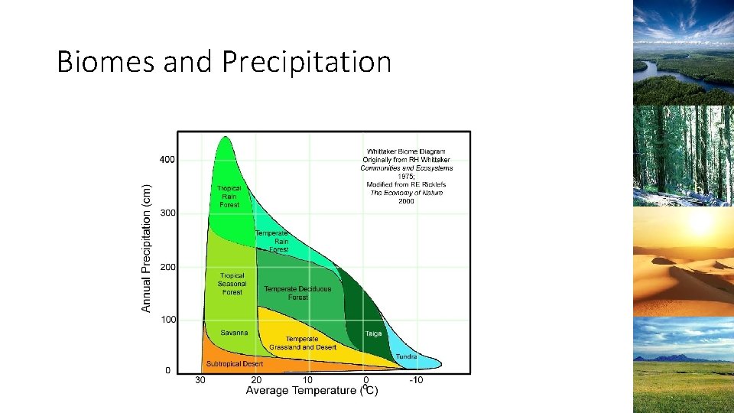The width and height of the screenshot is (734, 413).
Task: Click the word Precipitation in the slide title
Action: [x=307, y=62]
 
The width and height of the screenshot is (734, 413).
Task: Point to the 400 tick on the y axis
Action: [x=167, y=160]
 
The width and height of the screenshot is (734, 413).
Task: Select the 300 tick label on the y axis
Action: [x=167, y=213]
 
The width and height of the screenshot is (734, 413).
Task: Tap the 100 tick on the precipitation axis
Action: [x=167, y=319]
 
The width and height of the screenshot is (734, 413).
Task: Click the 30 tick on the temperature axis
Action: [x=200, y=380]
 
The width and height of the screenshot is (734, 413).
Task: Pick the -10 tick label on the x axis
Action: [x=417, y=380]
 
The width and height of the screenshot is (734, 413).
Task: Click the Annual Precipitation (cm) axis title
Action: [x=146, y=246]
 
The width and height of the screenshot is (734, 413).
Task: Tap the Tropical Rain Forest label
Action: [x=229, y=197]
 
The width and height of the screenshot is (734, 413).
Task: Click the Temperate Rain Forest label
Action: [x=272, y=242]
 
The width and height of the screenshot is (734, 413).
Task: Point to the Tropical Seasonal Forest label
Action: [x=232, y=284]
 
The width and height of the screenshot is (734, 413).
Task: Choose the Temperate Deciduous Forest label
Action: [x=297, y=293]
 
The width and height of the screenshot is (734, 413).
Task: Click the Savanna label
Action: [x=234, y=333]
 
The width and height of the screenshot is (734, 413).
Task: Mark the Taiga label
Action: [x=373, y=333]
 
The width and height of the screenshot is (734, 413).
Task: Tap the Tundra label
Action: [x=406, y=356]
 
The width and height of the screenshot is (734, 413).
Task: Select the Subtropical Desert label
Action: [x=234, y=364]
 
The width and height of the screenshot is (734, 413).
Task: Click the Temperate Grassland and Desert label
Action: [x=302, y=343]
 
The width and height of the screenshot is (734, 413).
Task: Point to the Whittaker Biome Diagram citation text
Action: [x=406, y=176]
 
